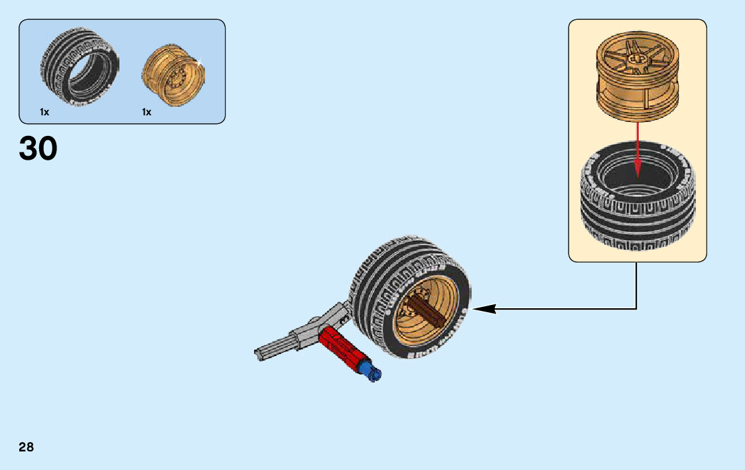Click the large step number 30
pos(38,149)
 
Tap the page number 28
pos(27,447)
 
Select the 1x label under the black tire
pos(44,113)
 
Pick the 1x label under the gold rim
pos(147,113)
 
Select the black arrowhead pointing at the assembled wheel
pos(483,308)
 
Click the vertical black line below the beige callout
pos(637,285)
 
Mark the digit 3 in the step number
pos(29,149)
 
